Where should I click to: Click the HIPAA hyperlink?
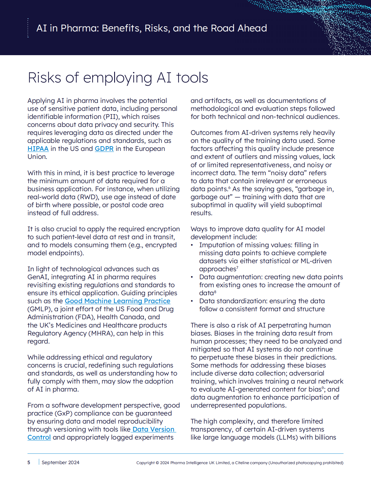(x=38, y=149)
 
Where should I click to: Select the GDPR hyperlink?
(x=104, y=149)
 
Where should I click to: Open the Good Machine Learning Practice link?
(x=117, y=301)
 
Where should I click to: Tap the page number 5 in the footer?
(x=29, y=462)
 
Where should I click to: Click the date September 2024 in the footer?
(x=61, y=462)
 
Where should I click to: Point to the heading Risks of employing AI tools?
(x=118, y=78)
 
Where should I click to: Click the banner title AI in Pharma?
(x=152, y=28)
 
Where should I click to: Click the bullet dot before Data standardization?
(x=192, y=301)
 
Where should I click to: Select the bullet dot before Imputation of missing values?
(x=192, y=245)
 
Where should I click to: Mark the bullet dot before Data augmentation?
(x=192, y=277)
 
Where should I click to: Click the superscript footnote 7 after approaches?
(x=237, y=268)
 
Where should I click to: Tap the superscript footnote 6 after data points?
(x=229, y=187)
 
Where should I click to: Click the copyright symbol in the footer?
(x=157, y=463)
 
